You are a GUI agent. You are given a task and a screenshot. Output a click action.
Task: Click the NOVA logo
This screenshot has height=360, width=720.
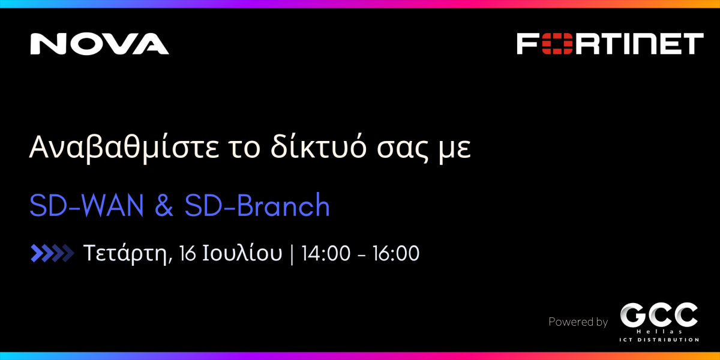(100, 44)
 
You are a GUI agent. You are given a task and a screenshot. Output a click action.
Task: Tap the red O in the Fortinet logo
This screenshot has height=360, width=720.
(557, 44)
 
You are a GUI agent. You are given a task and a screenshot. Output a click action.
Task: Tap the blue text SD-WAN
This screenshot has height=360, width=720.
(86, 205)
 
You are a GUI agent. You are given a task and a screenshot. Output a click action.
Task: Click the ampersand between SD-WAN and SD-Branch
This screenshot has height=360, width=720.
(164, 205)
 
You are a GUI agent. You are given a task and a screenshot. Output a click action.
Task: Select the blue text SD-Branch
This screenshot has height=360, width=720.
(257, 205)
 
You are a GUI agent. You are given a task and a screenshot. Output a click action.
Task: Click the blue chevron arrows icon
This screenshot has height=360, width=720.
(52, 253)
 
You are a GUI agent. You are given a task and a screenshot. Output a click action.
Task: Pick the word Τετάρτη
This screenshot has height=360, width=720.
(127, 254)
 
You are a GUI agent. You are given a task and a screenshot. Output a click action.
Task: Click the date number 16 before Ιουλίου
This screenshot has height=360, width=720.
(188, 253)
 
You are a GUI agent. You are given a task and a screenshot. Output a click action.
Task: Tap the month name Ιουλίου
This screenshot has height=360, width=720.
(242, 253)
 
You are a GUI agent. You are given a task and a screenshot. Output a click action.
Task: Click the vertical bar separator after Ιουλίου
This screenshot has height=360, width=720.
(292, 254)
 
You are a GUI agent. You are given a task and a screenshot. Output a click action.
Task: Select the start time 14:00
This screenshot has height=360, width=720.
(326, 253)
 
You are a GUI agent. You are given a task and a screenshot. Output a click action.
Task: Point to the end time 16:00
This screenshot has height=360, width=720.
(396, 253)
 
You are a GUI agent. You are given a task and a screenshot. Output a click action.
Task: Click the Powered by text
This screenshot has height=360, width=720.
(578, 322)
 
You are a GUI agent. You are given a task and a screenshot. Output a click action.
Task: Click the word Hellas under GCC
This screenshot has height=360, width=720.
(659, 332)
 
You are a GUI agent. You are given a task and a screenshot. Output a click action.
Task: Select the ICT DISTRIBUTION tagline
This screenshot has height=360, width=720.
(659, 340)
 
